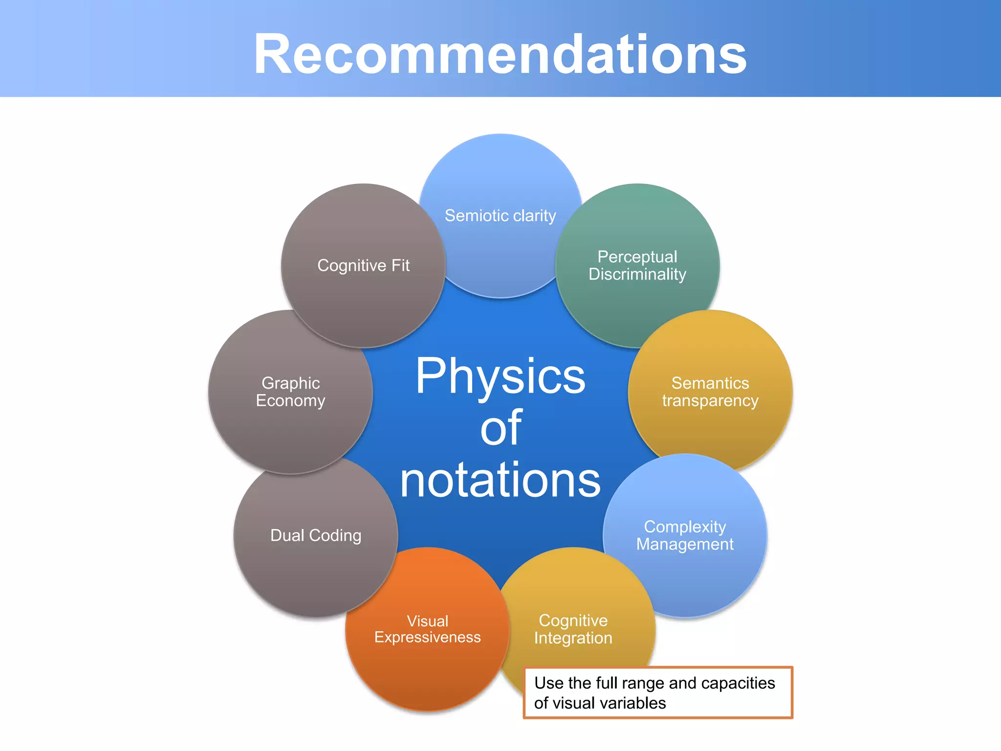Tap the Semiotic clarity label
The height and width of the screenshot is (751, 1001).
pyautogui.click(x=500, y=216)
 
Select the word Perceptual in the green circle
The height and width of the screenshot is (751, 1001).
pyautogui.click(x=637, y=257)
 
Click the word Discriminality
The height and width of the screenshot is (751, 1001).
pyautogui.click(x=637, y=274)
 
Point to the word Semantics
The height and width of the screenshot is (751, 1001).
pyautogui.click(x=710, y=383)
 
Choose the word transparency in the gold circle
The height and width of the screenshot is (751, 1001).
pyautogui.click(x=710, y=401)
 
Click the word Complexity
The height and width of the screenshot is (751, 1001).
pyautogui.click(x=684, y=527)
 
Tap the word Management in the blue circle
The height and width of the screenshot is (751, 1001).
pyautogui.click(x=684, y=544)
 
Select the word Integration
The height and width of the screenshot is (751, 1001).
pyautogui.click(x=573, y=638)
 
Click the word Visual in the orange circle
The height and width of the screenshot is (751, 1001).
pyautogui.click(x=427, y=621)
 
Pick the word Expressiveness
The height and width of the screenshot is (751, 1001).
pyautogui.click(x=427, y=638)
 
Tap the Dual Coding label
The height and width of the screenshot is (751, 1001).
pyautogui.click(x=316, y=535)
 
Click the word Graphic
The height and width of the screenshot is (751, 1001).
pyautogui.click(x=290, y=383)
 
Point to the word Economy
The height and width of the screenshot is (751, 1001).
pyautogui.click(x=290, y=401)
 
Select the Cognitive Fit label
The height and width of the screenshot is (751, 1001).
pyautogui.click(x=363, y=265)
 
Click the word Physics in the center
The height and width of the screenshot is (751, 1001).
pyautogui.click(x=500, y=376)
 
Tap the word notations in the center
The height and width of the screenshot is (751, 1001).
pyautogui.click(x=500, y=481)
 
